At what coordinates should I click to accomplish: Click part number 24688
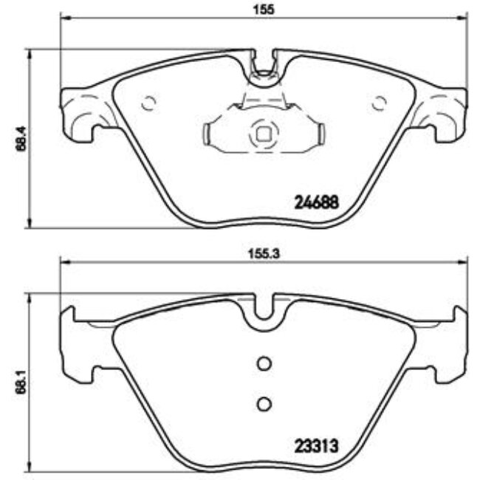pyautogui.click(x=317, y=201)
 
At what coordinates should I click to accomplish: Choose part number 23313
pyautogui.click(x=317, y=445)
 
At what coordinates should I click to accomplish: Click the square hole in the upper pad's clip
pyautogui.click(x=264, y=134)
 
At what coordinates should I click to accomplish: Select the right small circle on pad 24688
pyautogui.click(x=380, y=102)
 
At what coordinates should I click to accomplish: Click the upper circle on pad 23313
pyautogui.click(x=264, y=363)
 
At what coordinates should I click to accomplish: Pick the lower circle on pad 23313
pyautogui.click(x=264, y=403)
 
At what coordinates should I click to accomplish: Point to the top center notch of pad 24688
pyautogui.click(x=264, y=64)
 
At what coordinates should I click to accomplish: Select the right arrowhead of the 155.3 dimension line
pyautogui.click(x=464, y=260)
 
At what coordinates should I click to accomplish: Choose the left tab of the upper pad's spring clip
pyautogui.click(x=209, y=133)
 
